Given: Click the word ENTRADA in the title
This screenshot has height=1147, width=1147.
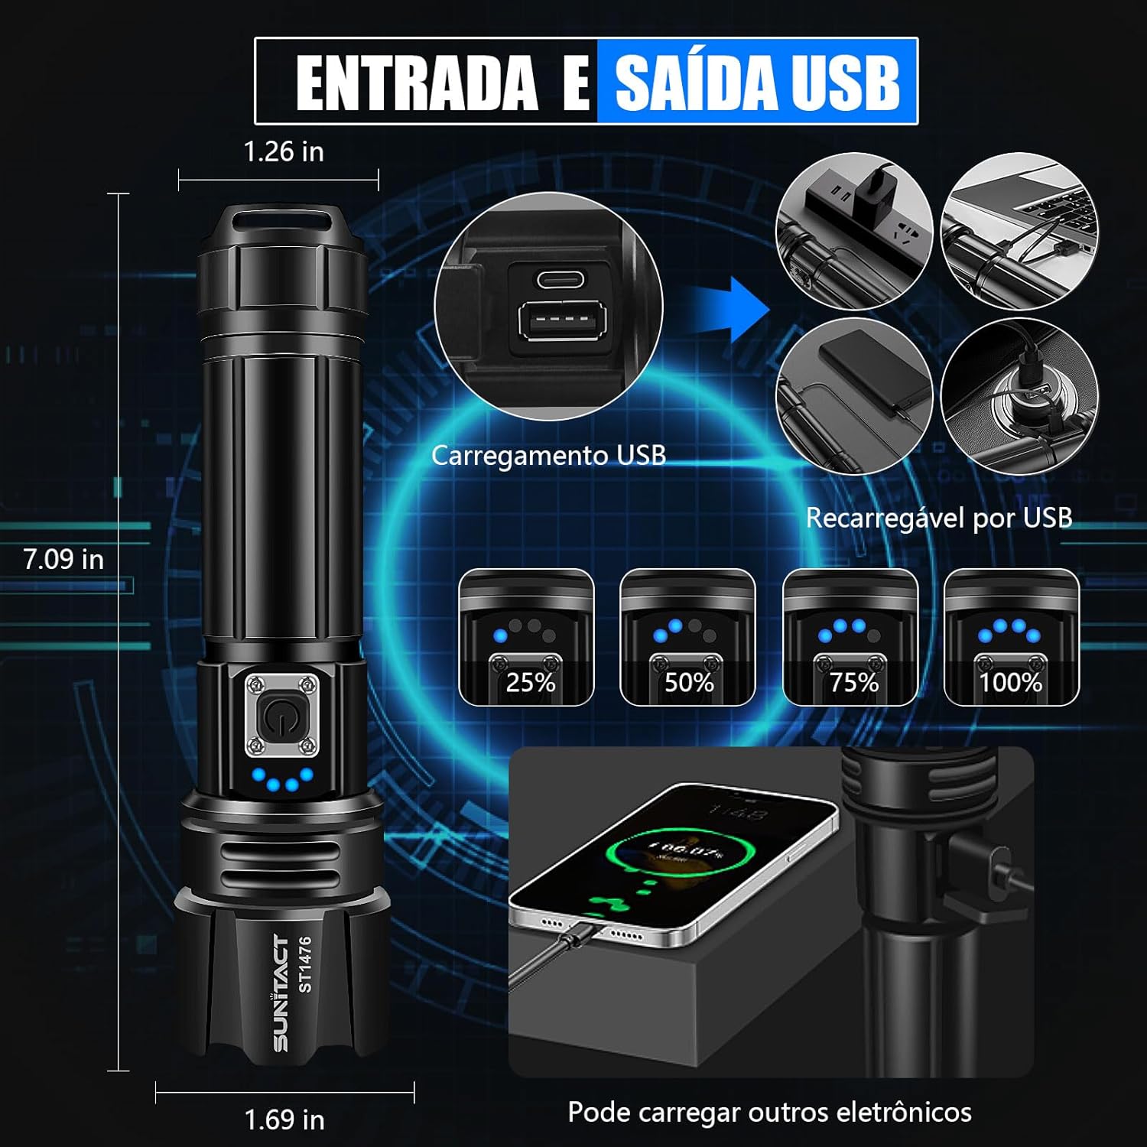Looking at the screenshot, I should (417, 83).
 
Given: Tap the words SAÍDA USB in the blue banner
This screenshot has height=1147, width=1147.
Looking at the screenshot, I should (757, 83).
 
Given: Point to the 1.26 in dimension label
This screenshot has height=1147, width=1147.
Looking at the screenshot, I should (284, 151).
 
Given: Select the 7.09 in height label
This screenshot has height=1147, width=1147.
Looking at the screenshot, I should (63, 559).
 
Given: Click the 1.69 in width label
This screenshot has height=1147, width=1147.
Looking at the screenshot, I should (284, 1120).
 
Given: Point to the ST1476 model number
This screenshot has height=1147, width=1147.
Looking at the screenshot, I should (305, 964).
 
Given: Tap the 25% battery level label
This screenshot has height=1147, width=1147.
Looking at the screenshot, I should (530, 682).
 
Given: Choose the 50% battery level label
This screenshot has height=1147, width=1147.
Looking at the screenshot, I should (688, 682).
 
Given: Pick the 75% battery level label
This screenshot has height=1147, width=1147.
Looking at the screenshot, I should (853, 682).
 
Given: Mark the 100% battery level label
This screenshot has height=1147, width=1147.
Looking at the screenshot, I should (1011, 682).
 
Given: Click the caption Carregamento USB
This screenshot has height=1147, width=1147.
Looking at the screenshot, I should (548, 456).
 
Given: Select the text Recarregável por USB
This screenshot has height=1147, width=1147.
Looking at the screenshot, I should (939, 518).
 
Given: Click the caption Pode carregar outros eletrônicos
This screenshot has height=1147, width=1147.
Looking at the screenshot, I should (769, 1112).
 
